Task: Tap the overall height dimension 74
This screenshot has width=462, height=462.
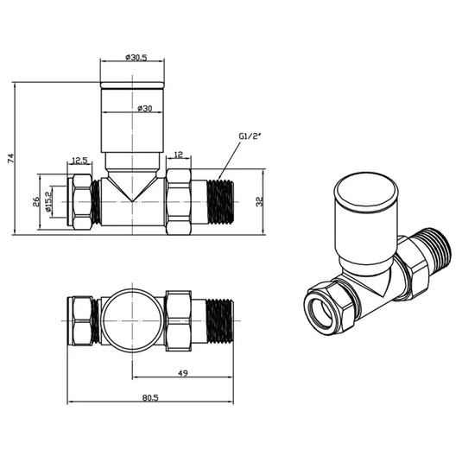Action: pos(10,158)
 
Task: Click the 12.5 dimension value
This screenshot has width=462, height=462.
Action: pos(79,160)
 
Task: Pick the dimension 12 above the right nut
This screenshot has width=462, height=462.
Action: pos(178,155)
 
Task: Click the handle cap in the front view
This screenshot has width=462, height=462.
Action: pos(132,86)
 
